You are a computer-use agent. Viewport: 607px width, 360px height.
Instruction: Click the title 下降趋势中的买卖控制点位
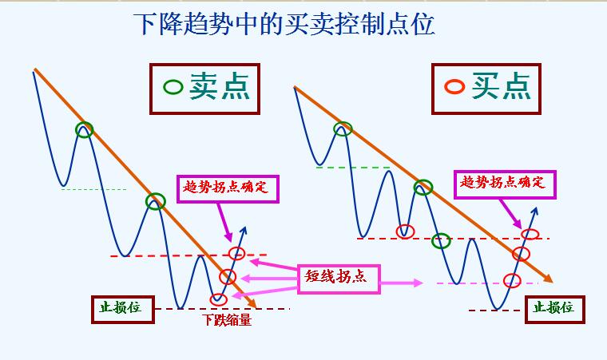click(x=284, y=24)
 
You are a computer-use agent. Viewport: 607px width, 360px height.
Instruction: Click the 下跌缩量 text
click(x=227, y=320)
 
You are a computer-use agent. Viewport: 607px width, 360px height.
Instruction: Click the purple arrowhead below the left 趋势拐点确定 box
click(x=228, y=236)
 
